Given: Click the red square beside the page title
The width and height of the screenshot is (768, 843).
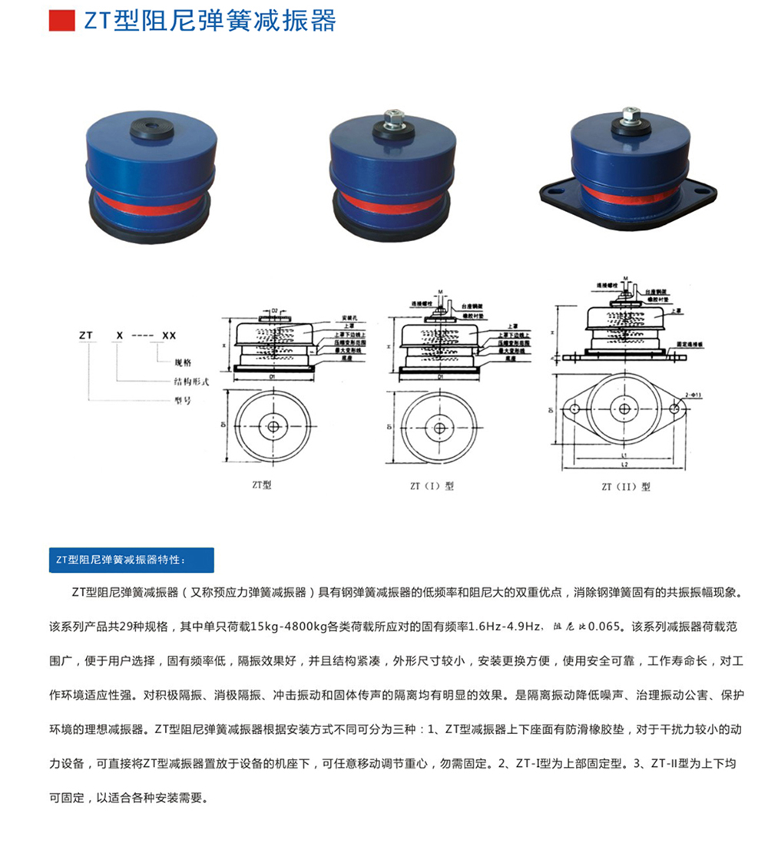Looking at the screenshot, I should pyautogui.click(x=61, y=21).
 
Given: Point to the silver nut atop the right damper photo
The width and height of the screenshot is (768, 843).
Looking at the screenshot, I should pyautogui.click(x=630, y=115).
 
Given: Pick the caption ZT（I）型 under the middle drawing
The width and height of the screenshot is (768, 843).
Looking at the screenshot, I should pyautogui.click(x=432, y=485).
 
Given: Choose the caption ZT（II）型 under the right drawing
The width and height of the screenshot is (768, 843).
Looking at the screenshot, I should pyautogui.click(x=626, y=486).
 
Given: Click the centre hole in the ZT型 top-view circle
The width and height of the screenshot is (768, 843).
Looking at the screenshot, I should pyautogui.click(x=273, y=426).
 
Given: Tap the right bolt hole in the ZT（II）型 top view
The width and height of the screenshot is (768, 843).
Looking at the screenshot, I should pyautogui.click(x=675, y=410).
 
